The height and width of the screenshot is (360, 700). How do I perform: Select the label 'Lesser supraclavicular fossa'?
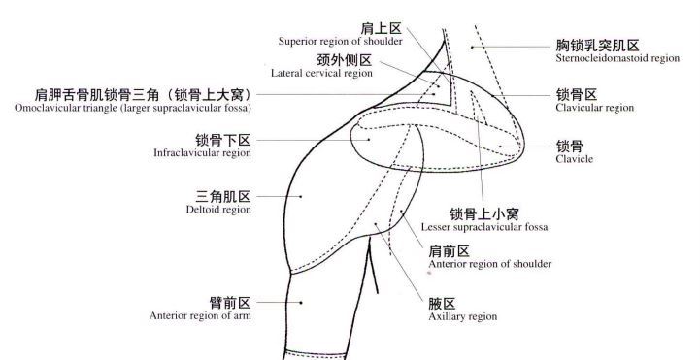(484, 227)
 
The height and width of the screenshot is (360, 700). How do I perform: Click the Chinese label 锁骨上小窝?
(483, 213)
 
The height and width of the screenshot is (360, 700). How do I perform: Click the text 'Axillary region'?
(463, 316)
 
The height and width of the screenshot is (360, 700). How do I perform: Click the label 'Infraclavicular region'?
(203, 153)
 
